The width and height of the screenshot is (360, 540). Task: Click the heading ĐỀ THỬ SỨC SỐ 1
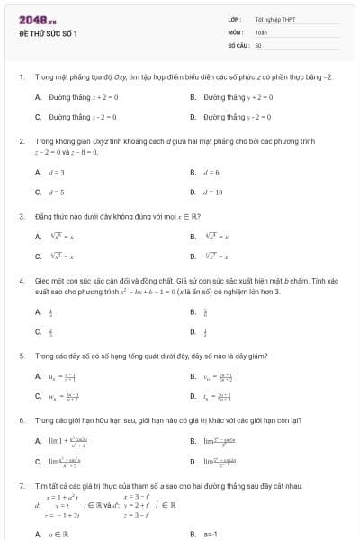tap(49, 33)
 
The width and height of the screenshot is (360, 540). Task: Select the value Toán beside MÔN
tap(261, 31)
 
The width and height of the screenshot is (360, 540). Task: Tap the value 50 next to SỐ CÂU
tap(258, 44)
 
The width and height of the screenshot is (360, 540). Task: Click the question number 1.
tap(21, 77)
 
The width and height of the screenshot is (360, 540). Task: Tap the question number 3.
tap(21, 216)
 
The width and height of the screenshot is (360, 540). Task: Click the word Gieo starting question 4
tap(42, 282)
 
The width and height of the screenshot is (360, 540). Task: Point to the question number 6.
tap(21, 420)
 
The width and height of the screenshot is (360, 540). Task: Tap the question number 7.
tap(21, 486)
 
